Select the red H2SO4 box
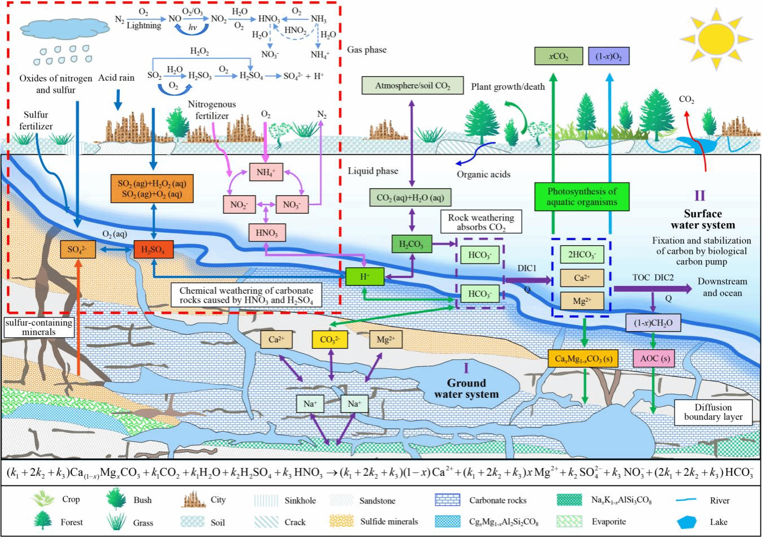[153, 250]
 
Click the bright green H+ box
[365, 277]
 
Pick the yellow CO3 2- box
[330, 340]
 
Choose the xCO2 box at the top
[558, 57]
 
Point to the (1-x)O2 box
[609, 57]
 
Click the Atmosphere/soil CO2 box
[412, 86]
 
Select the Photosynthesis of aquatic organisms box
[582, 197]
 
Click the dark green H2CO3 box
[412, 245]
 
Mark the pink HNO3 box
[267, 233]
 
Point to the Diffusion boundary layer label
[713, 412]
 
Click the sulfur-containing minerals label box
[39, 327]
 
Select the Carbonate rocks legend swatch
[447, 500]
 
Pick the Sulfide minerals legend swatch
[341, 521]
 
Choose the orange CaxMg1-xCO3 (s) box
[583, 359]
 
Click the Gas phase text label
[367, 50]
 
